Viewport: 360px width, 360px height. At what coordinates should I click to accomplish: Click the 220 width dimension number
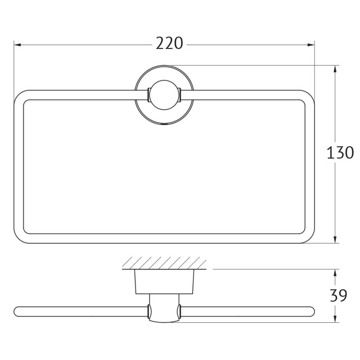coord(169,43)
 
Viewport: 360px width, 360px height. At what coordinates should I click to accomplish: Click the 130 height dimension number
coord(340,152)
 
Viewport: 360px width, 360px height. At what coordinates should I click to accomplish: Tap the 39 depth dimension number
coord(339,295)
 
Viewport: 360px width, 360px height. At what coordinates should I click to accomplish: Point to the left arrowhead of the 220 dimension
coord(17,45)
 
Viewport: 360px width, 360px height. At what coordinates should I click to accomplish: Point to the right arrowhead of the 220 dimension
coord(311,45)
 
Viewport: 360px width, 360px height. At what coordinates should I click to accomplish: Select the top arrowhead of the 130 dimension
coord(335,69)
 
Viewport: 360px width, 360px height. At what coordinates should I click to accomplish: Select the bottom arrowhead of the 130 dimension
coord(335,239)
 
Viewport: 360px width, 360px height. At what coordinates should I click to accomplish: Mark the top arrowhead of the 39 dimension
coord(335,273)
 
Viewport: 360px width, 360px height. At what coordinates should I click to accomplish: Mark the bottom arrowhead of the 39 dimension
coord(335,318)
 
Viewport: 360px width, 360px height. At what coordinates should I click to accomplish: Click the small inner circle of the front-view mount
coord(164,95)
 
